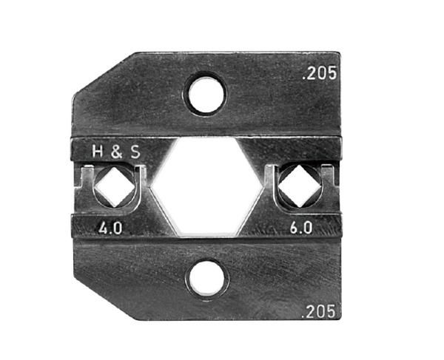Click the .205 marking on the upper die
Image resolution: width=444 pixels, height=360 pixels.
pyautogui.click(x=320, y=73)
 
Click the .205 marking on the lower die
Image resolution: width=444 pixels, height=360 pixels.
pyautogui.click(x=319, y=311)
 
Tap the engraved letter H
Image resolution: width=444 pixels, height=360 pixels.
pyautogui.click(x=98, y=152)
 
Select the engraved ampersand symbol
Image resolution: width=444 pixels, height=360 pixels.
pyautogui.click(x=116, y=152)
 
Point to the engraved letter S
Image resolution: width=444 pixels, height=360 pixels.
pyautogui.click(x=135, y=152)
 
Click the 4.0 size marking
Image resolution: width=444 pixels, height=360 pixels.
pyautogui.click(x=110, y=228)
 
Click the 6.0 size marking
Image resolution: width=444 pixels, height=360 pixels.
pyautogui.click(x=301, y=228)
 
